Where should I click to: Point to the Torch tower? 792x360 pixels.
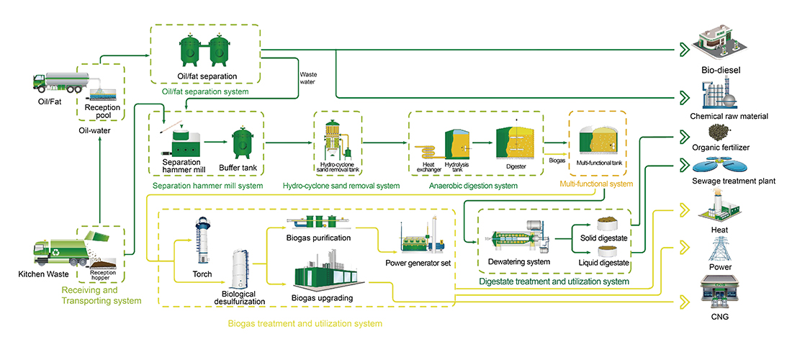coord(202,241)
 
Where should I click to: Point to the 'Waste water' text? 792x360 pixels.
coord(307,77)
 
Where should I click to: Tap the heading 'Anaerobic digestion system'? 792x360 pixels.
coord(473,186)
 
